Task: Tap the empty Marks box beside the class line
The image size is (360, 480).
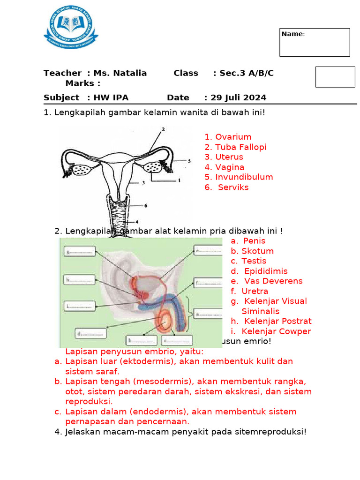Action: tap(335, 77)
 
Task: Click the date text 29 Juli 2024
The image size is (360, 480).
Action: tap(238, 97)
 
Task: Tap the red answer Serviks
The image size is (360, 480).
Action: tap(233, 187)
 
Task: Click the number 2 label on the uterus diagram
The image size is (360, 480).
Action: tap(163, 128)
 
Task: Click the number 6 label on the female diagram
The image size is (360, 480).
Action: tap(146, 205)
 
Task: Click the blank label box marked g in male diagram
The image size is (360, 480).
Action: tap(81, 252)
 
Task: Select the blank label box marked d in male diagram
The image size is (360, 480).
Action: tap(90, 334)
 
